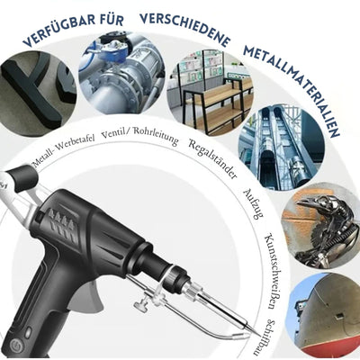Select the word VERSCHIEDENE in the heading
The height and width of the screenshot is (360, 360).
[184, 25]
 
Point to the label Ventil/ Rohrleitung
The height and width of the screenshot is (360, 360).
[140, 134]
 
